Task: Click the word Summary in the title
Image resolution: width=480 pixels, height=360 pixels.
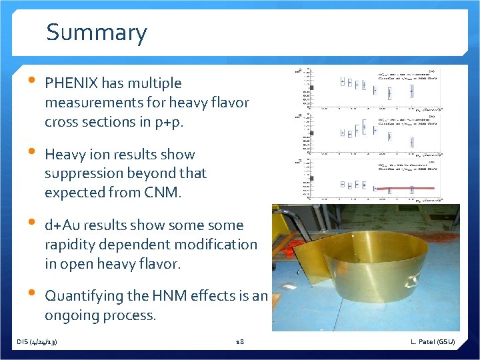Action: pos(97,33)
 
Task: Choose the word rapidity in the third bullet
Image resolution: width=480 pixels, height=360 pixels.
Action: pos(71,245)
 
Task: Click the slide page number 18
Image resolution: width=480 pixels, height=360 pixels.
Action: pos(240,342)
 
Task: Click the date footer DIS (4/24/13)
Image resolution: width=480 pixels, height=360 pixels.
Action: pos(37,342)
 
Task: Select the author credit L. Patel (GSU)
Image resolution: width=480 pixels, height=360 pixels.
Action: pos(433,342)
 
